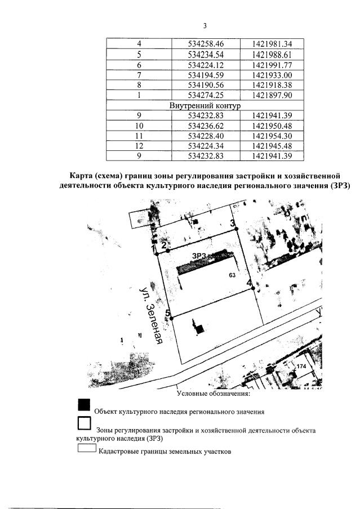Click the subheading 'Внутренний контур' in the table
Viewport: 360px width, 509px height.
click(x=205, y=105)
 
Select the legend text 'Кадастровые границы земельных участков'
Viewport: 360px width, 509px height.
click(x=165, y=451)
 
